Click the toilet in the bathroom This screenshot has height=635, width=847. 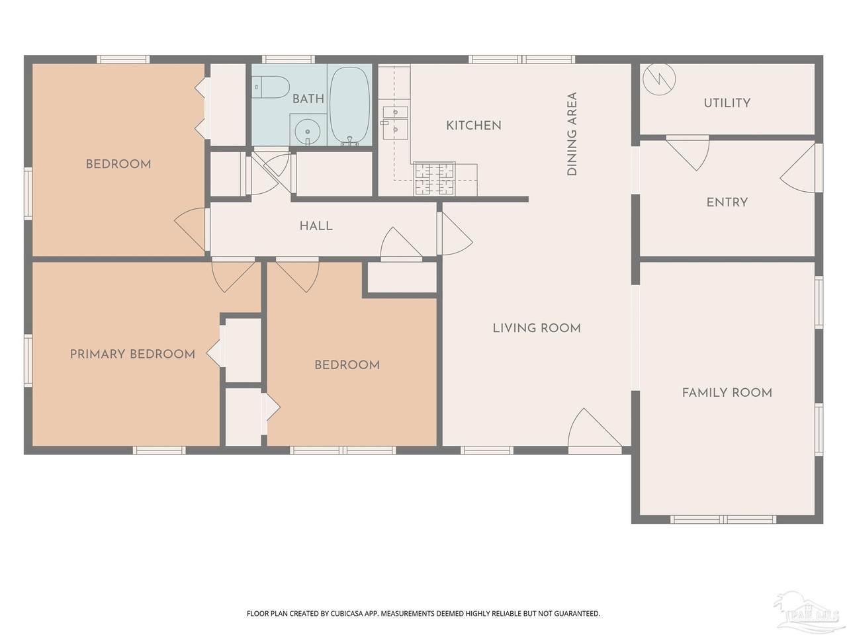271,87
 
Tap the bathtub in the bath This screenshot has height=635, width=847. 349,106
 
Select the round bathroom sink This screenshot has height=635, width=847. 307,131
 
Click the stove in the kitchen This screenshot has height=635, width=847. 434,178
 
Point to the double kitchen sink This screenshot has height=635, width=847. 395,122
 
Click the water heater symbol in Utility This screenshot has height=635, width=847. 659,79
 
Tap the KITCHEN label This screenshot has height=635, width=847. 474,125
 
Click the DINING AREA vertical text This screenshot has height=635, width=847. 572,134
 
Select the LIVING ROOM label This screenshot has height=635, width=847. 537,328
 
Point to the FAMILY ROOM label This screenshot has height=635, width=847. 727,393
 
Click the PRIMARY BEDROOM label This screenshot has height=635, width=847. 132,354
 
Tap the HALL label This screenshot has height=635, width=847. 316,226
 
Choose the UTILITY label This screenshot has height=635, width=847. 727,103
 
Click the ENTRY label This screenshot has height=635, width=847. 727,202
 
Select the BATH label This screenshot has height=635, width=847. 308,99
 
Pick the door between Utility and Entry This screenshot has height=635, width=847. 688,153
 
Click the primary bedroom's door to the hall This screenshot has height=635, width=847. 234,275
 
